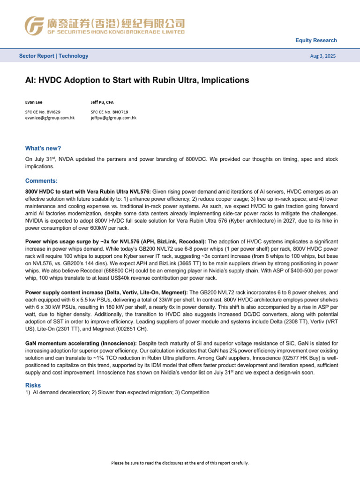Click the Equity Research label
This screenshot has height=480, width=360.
pyautogui.click(x=316, y=40)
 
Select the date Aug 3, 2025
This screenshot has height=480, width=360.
pyautogui.click(x=323, y=56)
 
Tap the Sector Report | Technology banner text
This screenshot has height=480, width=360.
pyautogui.click(x=53, y=56)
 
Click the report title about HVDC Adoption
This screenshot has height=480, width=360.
pyautogui.click(x=137, y=80)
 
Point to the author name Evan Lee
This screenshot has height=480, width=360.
pyautogui.click(x=34, y=102)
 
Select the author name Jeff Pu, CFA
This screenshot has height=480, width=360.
pyautogui.click(x=102, y=102)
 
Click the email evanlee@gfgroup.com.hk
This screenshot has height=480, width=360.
pyautogui.click(x=50, y=118)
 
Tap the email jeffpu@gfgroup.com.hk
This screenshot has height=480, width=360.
pyautogui.click(x=113, y=118)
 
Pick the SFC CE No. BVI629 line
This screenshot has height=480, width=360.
pyautogui.click(x=43, y=112)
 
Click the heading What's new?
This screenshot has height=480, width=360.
pyautogui.click(x=43, y=148)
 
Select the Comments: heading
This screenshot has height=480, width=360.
pyautogui.click(x=41, y=180)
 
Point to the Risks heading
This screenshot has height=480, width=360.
pyautogui.click(x=33, y=385)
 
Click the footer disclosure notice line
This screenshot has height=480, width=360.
pyautogui.click(x=180, y=463)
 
